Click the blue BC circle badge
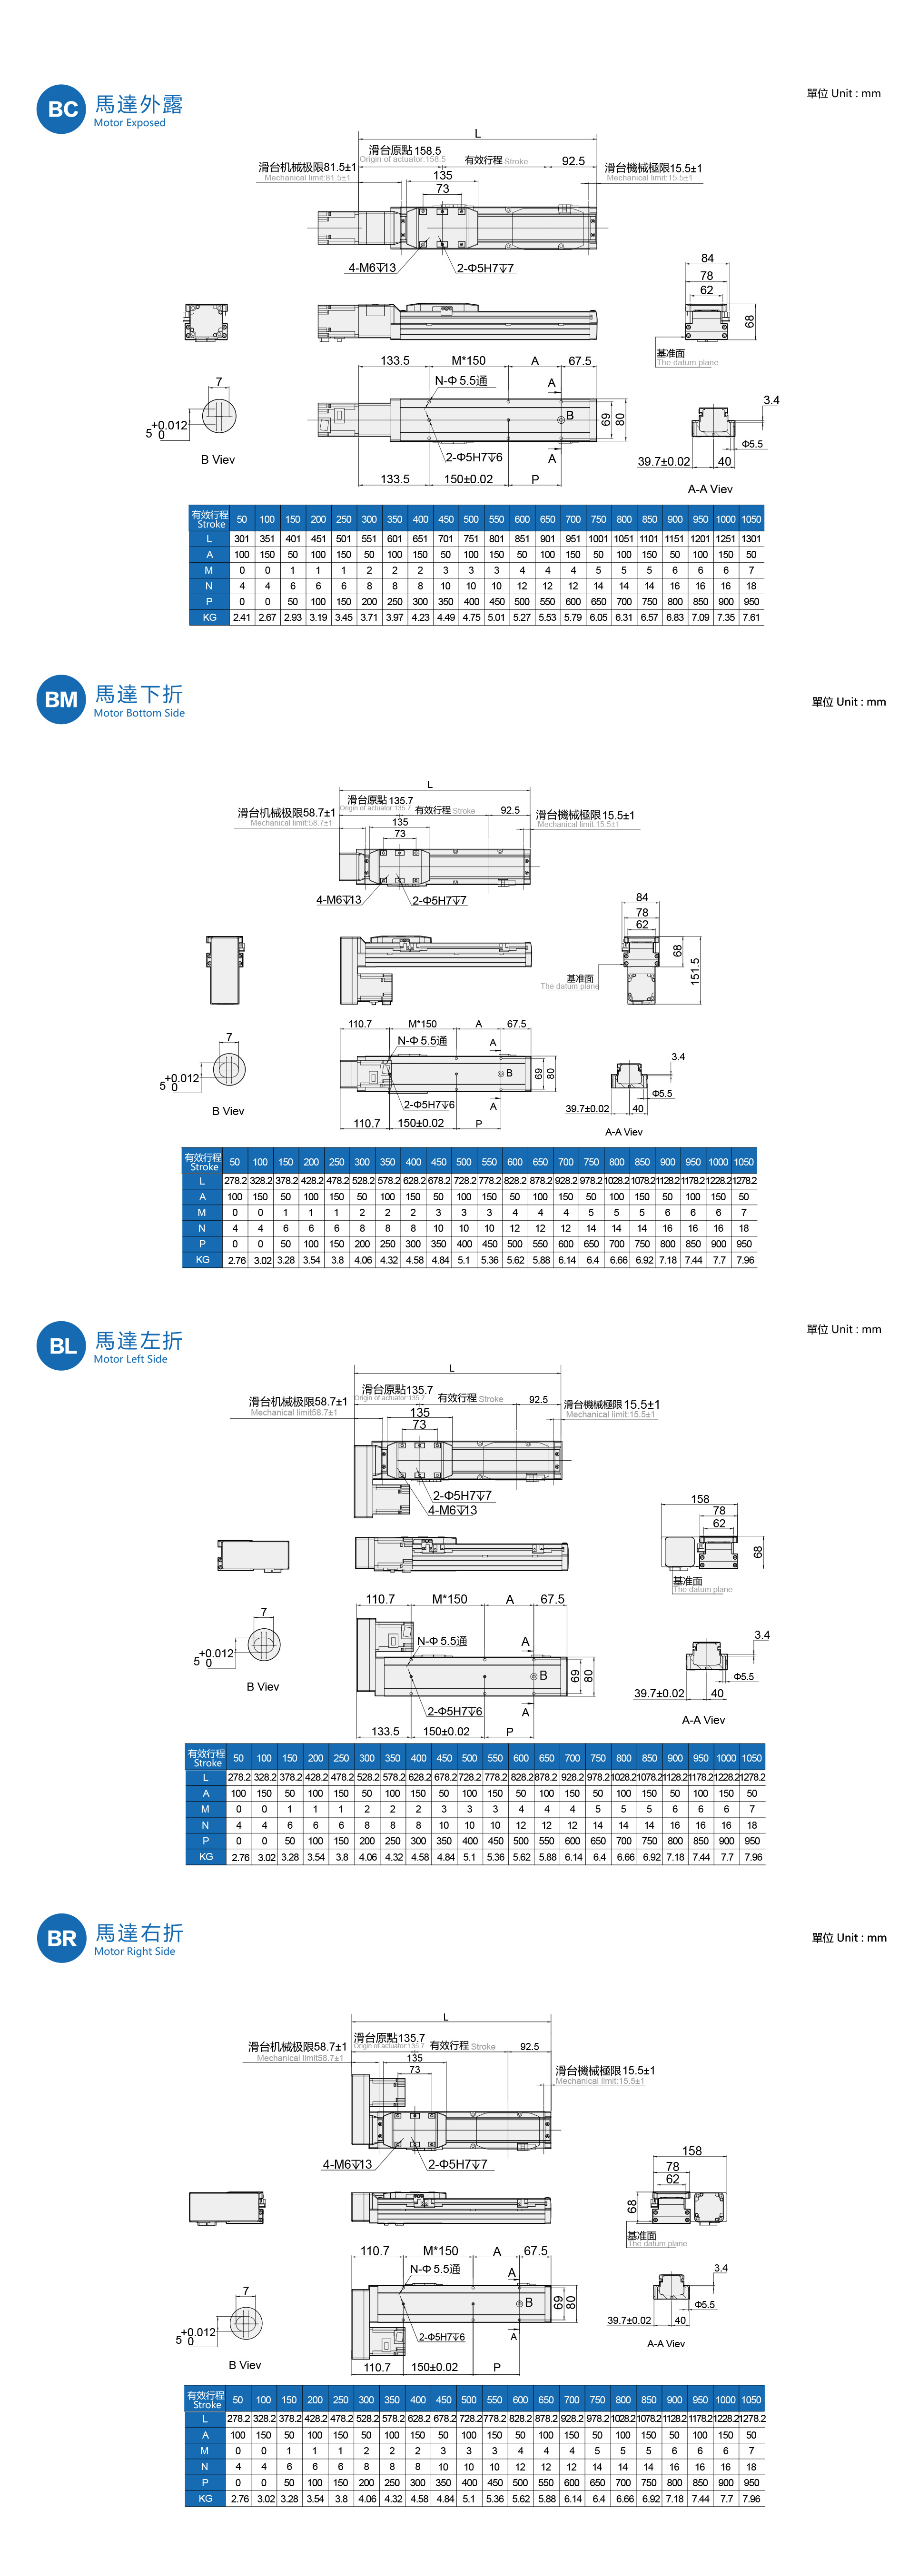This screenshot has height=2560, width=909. [61, 109]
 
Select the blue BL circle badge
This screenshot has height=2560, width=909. [61, 1345]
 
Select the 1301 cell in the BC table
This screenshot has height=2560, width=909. [751, 538]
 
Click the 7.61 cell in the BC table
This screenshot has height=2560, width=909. [751, 617]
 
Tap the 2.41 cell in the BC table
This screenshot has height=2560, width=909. [241, 617]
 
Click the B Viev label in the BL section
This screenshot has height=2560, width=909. [262, 1686]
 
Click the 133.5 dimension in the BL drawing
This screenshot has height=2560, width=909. [385, 1731]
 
